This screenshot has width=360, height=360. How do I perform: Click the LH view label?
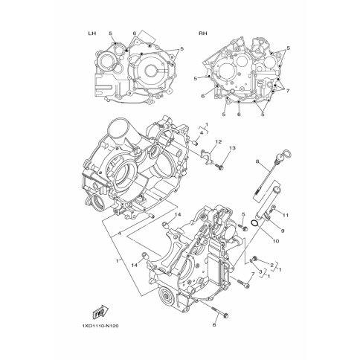[92, 33]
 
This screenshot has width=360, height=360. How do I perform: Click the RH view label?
[203, 33]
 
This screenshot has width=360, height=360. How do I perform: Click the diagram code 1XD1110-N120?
[100, 326]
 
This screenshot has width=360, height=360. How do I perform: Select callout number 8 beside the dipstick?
[257, 161]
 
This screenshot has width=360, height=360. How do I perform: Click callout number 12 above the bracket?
[218, 142]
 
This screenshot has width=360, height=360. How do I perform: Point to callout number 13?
[232, 148]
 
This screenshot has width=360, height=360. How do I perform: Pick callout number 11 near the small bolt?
[286, 216]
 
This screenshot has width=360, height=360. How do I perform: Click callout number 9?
[283, 231]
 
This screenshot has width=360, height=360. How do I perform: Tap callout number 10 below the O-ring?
[276, 241]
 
